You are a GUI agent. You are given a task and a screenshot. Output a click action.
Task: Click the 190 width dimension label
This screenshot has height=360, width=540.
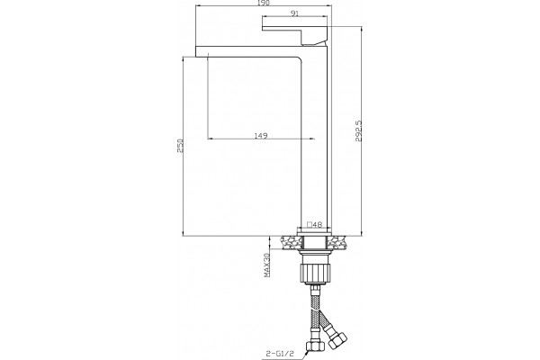(264, 3)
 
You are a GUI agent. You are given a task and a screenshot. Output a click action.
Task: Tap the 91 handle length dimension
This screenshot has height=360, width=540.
(294, 13)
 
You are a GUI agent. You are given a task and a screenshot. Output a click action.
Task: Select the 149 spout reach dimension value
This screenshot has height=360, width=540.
(261, 135)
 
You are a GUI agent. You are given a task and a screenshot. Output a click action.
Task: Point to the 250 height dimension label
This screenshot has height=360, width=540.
(180, 146)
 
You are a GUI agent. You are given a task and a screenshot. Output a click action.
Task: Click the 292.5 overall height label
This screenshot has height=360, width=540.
(358, 130)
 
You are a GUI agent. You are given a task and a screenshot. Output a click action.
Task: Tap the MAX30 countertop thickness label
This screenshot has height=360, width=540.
(266, 265)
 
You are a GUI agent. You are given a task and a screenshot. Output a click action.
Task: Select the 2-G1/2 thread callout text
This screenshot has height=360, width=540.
(280, 353)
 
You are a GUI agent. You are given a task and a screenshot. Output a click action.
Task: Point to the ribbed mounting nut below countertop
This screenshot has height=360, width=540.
(315, 274)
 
